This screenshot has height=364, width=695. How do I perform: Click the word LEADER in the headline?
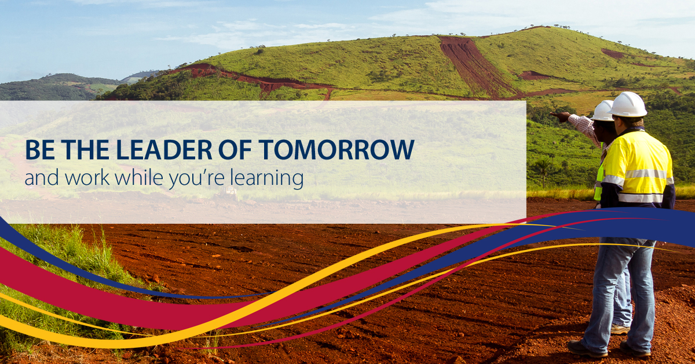coord(164,150)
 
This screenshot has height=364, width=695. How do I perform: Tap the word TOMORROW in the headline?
coord(336,150)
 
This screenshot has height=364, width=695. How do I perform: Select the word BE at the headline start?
coord(40,150)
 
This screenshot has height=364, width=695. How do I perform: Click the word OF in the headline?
coord(235,150)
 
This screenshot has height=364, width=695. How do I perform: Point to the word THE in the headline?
coord(85,150)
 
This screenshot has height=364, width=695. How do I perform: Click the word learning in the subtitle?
coord(266,178)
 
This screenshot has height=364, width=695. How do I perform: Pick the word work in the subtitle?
coord(87,177)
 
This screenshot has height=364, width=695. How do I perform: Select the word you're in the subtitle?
coord(196,179)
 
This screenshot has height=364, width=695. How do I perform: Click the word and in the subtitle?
coord(42,177)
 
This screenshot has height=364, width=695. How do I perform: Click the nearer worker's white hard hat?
coord(628,104)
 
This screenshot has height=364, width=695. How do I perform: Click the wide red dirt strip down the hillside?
coord(475,66)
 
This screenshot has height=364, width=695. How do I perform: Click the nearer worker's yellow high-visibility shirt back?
coord(638,168)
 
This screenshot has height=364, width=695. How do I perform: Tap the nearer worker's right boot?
coord(635,350)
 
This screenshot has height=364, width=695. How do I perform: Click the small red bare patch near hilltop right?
coord(613,54)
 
